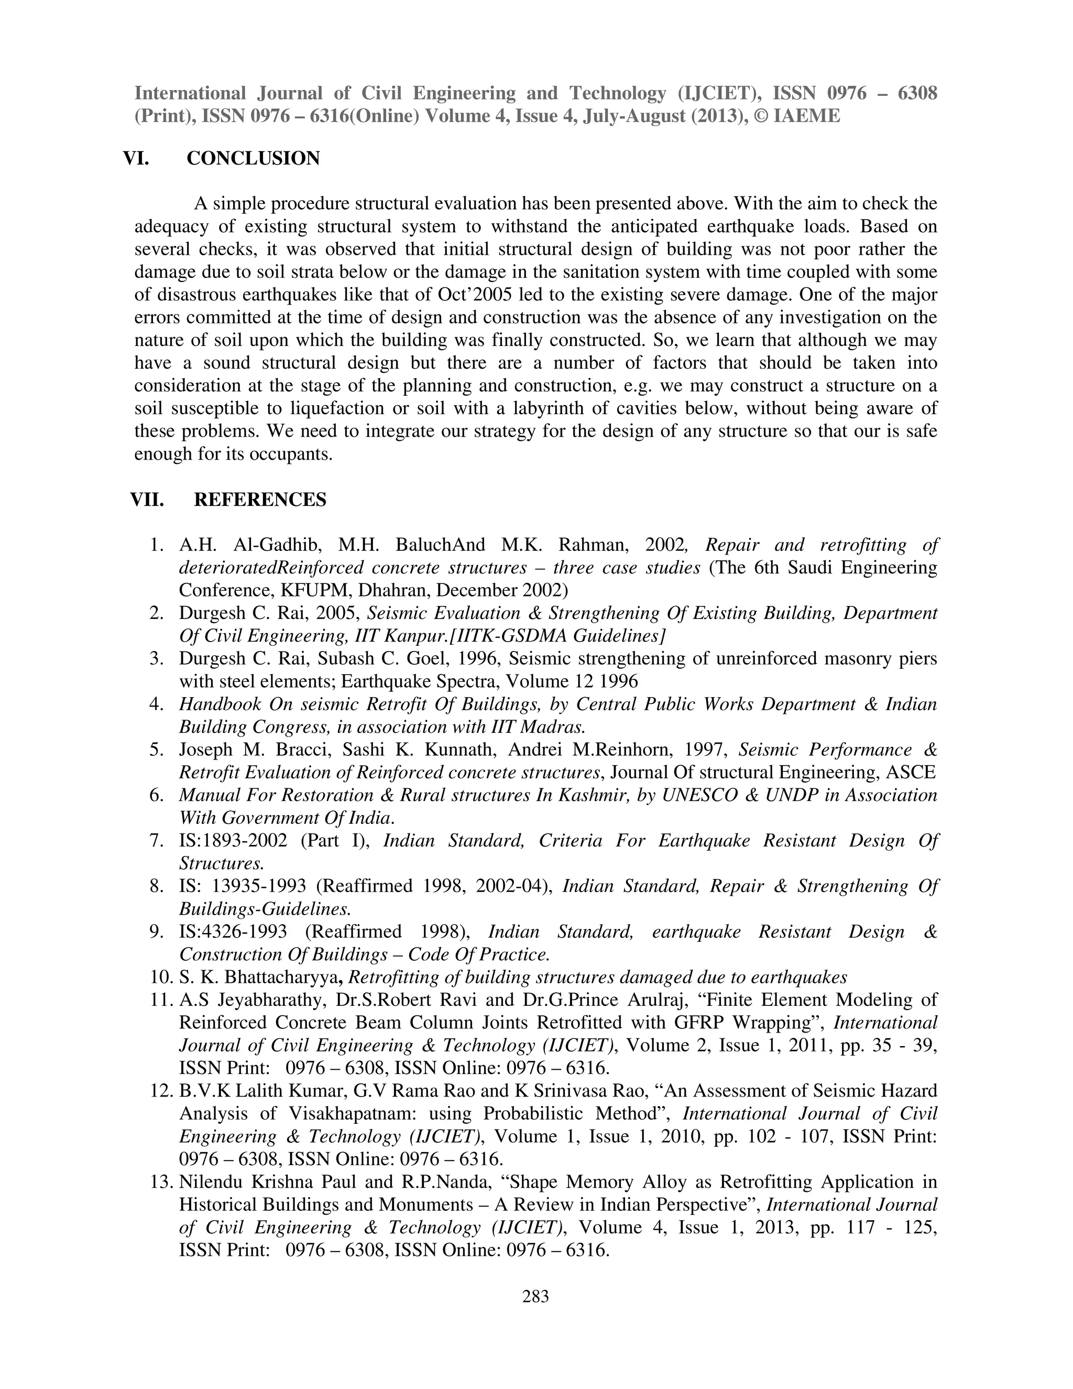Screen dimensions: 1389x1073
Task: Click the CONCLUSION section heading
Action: point(253,158)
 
